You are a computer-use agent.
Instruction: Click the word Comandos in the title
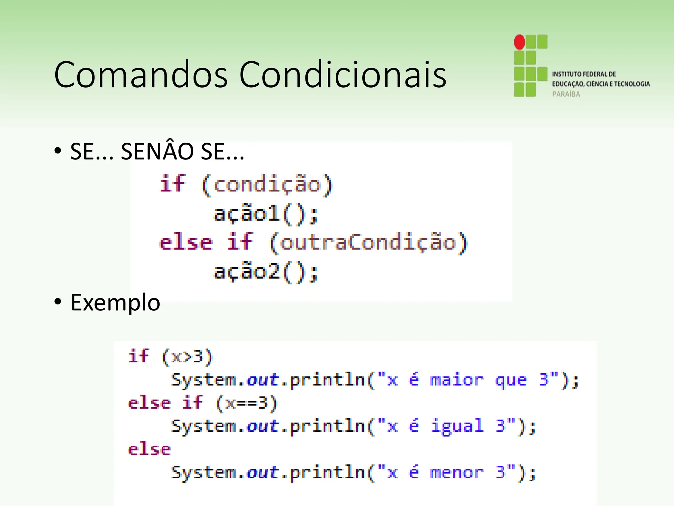click(141, 75)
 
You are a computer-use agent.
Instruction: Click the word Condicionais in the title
click(343, 75)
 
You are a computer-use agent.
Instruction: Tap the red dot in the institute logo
click(520, 42)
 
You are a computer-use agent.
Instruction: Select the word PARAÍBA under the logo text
click(566, 94)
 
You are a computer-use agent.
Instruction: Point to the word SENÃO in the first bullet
click(157, 152)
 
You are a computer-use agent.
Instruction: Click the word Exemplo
click(115, 302)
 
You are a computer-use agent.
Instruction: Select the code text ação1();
click(266, 214)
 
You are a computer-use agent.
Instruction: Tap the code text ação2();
click(266, 272)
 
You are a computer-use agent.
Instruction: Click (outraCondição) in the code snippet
click(368, 243)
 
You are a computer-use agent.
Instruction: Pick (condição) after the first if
click(267, 184)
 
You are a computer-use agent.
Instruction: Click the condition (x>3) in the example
click(187, 357)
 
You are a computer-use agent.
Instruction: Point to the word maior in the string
click(457, 380)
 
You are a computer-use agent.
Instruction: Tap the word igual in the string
click(457, 426)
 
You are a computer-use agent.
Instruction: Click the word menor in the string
click(457, 473)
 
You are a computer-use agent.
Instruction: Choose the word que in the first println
click(511, 380)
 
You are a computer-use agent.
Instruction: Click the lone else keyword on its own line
click(149, 450)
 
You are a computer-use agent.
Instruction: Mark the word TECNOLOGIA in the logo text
click(632, 84)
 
